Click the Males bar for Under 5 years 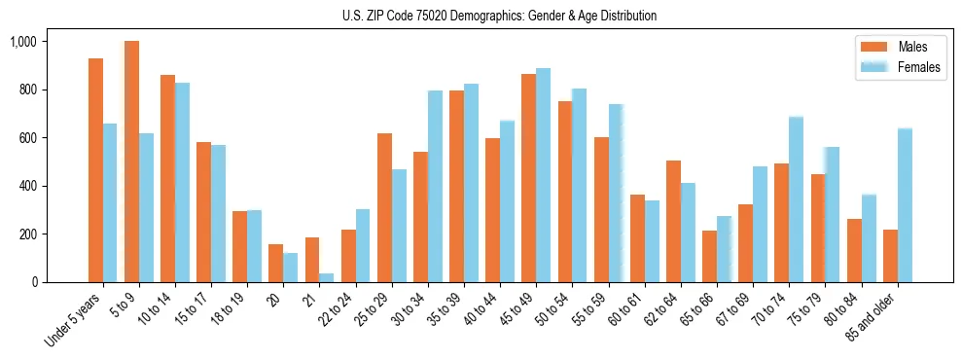95,170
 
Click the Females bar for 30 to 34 435,186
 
